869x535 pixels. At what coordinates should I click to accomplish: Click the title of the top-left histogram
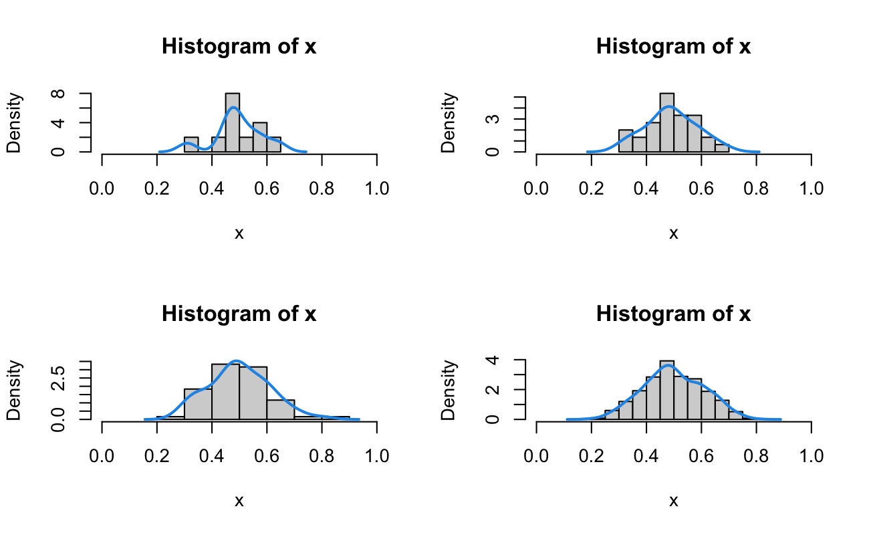239,47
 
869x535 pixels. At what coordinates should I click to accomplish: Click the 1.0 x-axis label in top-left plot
377,188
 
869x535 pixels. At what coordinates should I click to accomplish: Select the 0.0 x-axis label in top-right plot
536,188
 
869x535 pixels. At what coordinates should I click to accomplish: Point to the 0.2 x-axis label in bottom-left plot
156,455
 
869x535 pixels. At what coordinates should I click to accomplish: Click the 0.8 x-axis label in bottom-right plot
756,455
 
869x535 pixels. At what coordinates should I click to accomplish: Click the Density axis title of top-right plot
449,123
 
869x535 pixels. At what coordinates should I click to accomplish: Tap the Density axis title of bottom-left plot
15,391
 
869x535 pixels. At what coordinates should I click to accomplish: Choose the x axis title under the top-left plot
239,233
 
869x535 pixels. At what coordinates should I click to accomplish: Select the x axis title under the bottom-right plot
673,501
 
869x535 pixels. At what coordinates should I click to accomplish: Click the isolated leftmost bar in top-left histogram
191,144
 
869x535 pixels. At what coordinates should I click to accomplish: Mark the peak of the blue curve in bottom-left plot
236,362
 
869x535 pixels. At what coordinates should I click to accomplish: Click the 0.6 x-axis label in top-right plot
701,188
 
